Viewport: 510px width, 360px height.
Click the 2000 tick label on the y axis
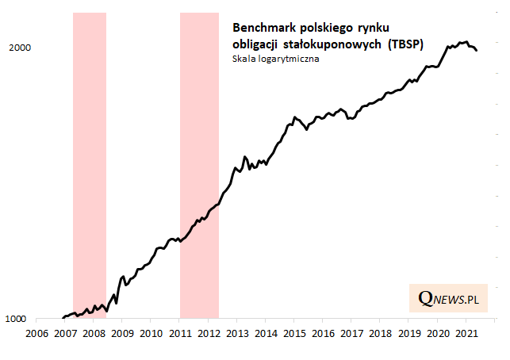tap(18, 48)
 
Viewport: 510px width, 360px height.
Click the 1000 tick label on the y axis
tap(18, 320)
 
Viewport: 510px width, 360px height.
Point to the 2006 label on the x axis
tap(36, 334)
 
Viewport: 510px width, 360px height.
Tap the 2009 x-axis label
tap(122, 334)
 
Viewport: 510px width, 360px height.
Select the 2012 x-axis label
tap(208, 334)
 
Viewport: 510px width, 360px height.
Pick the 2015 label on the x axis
tap(294, 334)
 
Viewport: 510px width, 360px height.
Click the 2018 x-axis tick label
tap(380, 334)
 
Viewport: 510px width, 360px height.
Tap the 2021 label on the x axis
tap(466, 334)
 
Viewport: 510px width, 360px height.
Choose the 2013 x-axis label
tap(236, 334)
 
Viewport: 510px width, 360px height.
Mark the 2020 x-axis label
tap(438, 334)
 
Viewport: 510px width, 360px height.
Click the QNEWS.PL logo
tap(449, 298)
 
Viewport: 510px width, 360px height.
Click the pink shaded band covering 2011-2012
tap(199, 159)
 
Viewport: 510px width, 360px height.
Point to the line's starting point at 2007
tap(63, 317)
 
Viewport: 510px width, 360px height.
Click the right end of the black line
tap(477, 51)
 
